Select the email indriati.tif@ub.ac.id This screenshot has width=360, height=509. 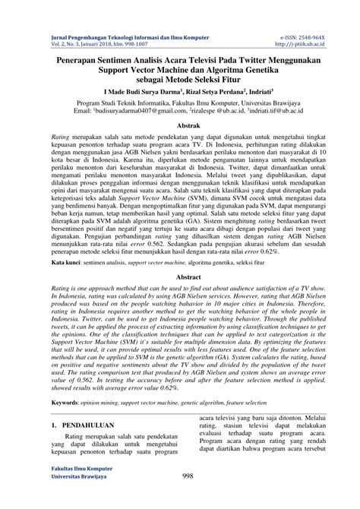[x=280, y=109]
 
